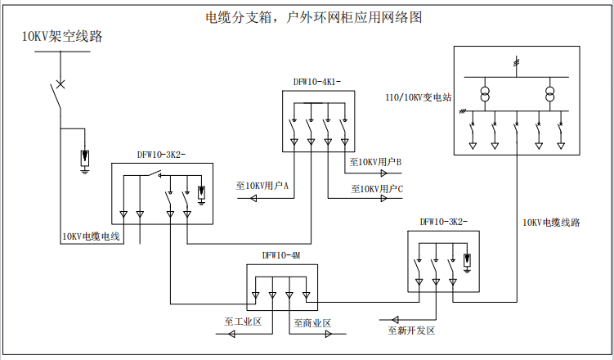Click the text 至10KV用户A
[262, 186]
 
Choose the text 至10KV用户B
[376, 162]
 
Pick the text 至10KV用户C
[377, 189]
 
